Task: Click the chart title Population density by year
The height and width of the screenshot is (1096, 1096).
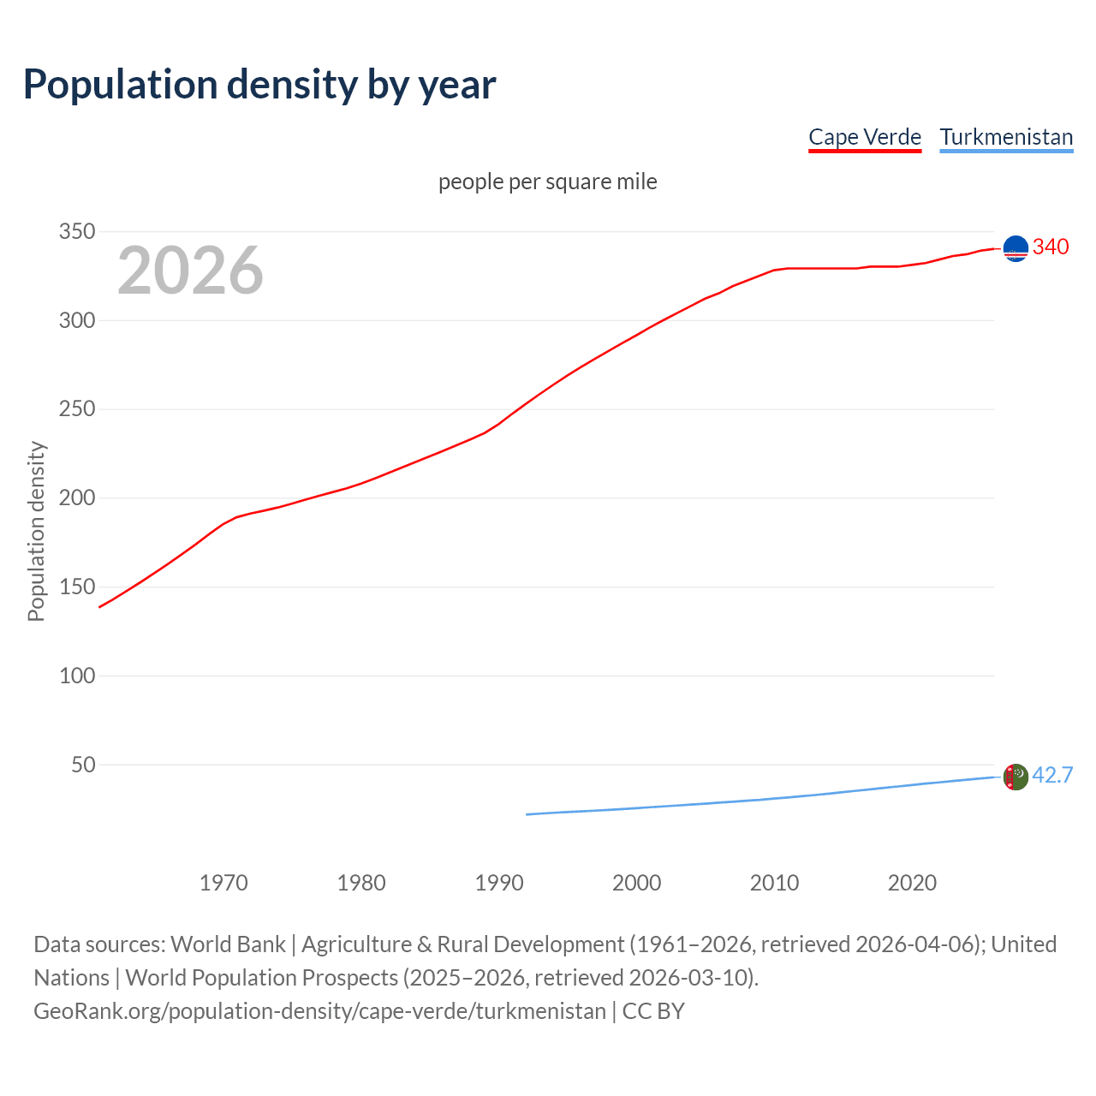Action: [x=259, y=85]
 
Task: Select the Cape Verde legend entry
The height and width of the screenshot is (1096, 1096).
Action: [x=865, y=137]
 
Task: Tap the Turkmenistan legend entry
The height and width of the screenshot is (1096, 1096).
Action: [x=1006, y=137]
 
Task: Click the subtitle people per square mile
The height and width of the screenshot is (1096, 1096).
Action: [x=548, y=182]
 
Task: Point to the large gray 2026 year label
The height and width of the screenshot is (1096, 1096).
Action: [x=190, y=271]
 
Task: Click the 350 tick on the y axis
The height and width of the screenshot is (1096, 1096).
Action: [x=76, y=232]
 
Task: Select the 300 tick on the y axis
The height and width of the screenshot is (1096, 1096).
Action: [x=76, y=321]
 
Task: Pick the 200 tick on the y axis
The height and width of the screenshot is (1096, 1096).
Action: [x=76, y=498]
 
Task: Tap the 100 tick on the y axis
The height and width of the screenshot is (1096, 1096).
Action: [x=76, y=676]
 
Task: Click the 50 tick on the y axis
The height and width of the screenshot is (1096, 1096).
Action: [x=83, y=765]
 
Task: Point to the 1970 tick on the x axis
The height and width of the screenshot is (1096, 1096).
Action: [x=223, y=883]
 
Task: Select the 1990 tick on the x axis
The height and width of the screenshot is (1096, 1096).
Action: [x=499, y=883]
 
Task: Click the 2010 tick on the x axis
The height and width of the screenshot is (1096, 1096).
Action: [x=774, y=883]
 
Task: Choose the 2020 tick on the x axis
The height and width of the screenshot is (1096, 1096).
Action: [x=912, y=883]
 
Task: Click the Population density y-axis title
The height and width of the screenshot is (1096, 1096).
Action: [x=36, y=531]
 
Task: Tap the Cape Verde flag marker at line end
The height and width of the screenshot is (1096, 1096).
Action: [x=1016, y=248]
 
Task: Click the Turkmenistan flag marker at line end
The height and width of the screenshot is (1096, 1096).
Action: [x=1016, y=777]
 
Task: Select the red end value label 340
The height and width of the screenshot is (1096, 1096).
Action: [x=1051, y=247]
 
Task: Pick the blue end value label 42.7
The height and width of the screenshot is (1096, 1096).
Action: [x=1052, y=776]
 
